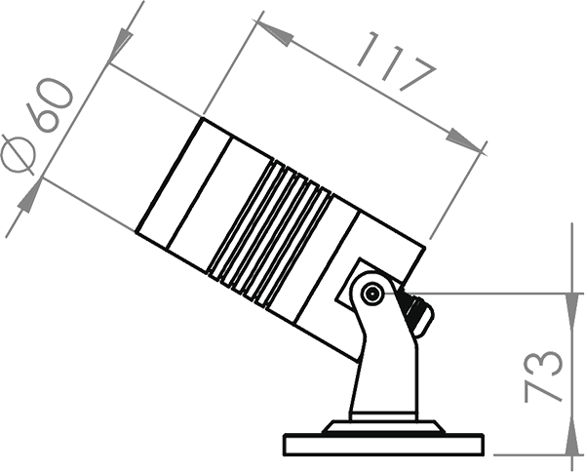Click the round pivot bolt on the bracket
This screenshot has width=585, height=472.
(370, 293)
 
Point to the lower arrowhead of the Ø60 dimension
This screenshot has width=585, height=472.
(29, 199)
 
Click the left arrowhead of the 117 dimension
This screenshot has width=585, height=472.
(276, 32)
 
